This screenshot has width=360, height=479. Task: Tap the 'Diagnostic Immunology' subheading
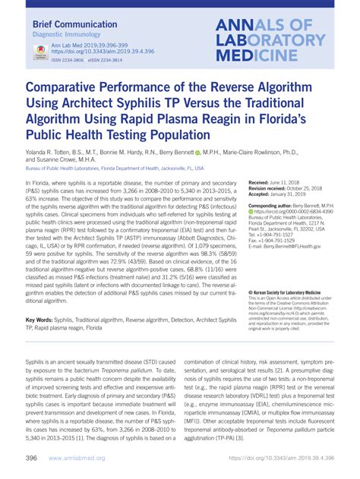pyautogui.click(x=66, y=36)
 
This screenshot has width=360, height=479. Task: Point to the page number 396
pyautogui.click(x=31, y=458)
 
